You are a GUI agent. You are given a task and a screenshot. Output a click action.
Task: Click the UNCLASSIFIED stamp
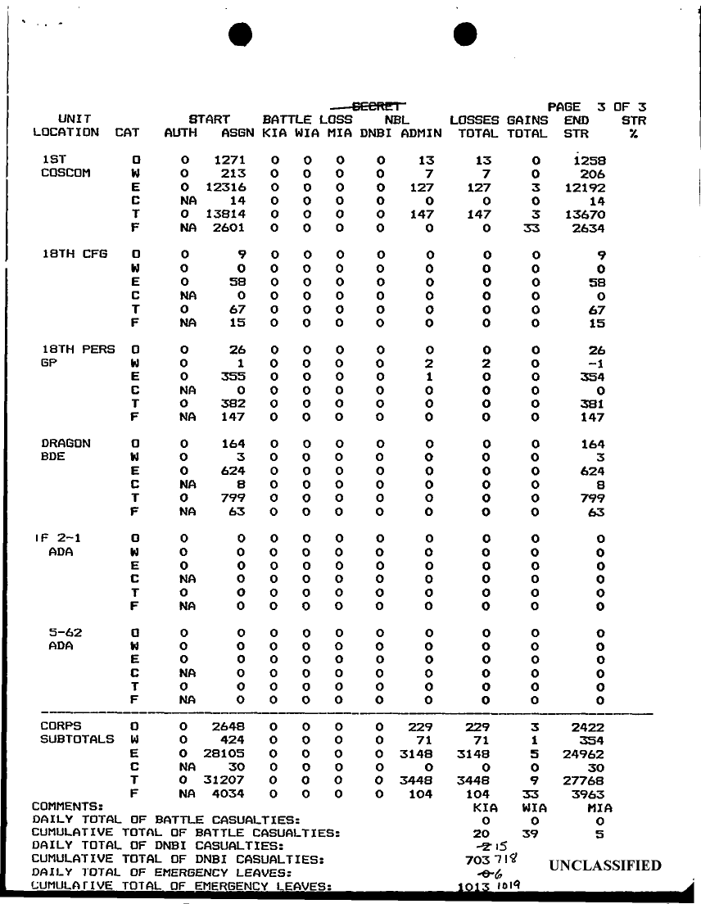coord(604,866)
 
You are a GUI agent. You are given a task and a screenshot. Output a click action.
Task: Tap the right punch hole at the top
coord(465,34)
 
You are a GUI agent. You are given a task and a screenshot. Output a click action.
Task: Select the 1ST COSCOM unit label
coord(60,167)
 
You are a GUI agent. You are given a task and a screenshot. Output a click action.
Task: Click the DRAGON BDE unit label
coord(66,450)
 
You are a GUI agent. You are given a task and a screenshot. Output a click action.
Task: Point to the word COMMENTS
coord(67,806)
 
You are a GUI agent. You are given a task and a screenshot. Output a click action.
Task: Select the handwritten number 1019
coord(506,884)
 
